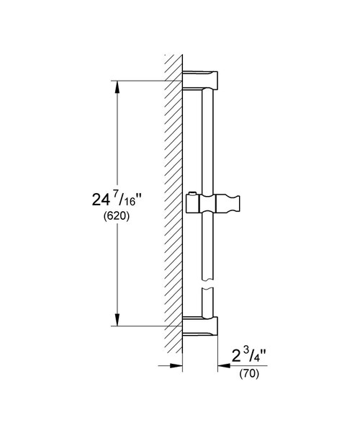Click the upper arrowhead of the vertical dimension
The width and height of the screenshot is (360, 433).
coord(115,86)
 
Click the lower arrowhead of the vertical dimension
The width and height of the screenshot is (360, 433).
coord(115,321)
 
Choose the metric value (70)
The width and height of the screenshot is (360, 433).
coord(248,375)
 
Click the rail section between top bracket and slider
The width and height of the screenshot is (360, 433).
coord(207,140)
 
